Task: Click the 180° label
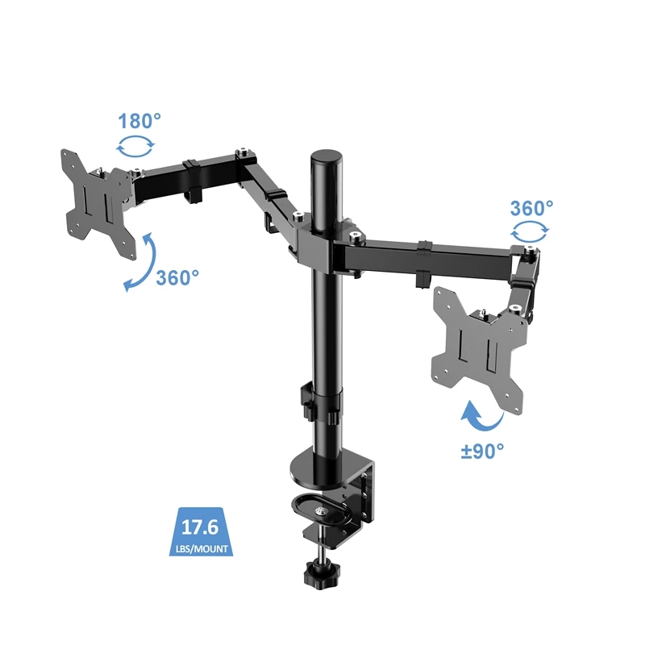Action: point(140,122)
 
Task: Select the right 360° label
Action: point(531,207)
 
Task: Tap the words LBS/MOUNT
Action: point(202,550)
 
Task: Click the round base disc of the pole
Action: point(322,466)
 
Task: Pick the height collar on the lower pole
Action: point(325,404)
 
